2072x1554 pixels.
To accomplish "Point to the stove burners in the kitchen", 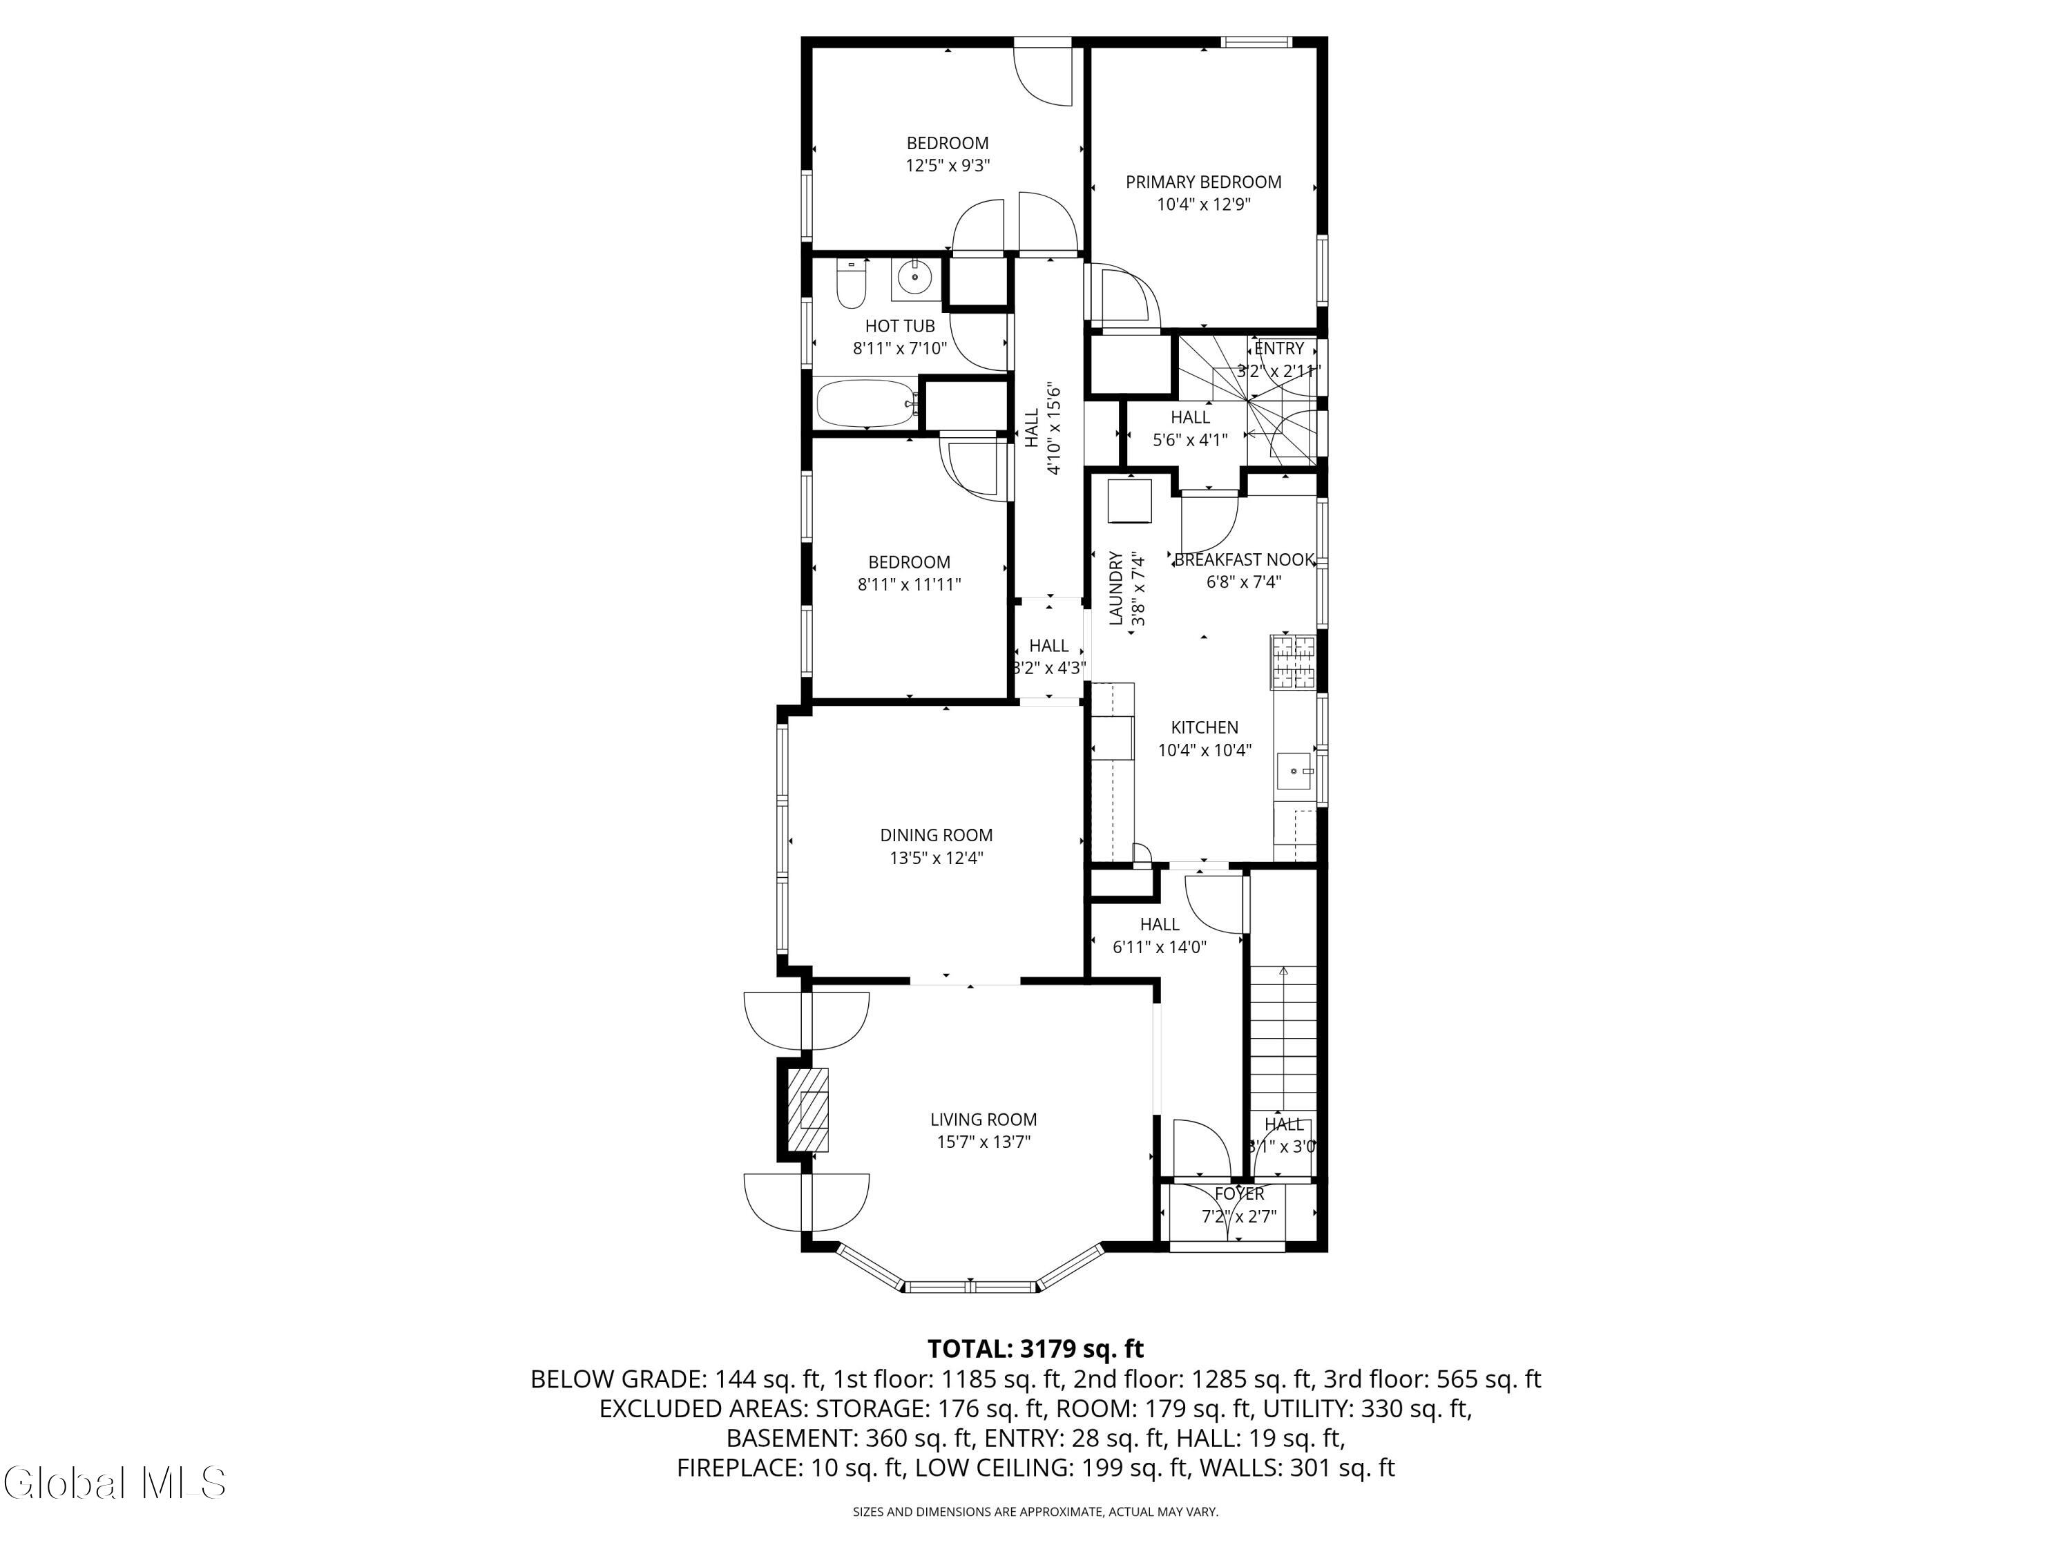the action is click(x=1293, y=662).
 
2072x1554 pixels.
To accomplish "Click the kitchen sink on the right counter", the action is click(x=1296, y=771).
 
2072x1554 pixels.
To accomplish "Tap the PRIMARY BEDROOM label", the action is click(x=1204, y=182).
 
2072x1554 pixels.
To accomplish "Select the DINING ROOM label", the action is click(x=936, y=834).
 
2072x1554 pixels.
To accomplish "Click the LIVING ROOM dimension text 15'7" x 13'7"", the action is click(x=984, y=1142).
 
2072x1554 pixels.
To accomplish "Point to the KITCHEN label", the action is click(x=1205, y=727).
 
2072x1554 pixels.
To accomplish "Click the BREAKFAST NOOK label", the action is click(x=1244, y=559).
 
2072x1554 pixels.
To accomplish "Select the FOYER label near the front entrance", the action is click(x=1239, y=1193).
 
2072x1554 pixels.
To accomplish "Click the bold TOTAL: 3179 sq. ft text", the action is click(x=1035, y=1349).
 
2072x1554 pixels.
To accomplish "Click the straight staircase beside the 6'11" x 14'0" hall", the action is click(x=1283, y=1039).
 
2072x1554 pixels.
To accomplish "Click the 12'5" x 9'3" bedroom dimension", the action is click(x=948, y=166).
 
